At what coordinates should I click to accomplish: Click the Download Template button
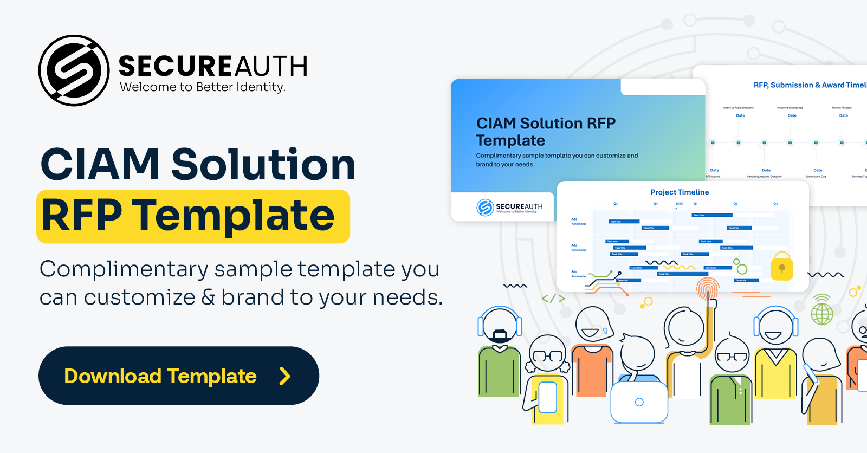click(x=178, y=376)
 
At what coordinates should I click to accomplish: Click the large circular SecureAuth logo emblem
click(x=74, y=70)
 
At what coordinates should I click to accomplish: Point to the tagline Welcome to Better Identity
click(x=202, y=87)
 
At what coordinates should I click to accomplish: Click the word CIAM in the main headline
click(x=100, y=164)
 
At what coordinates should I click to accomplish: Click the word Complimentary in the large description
click(x=124, y=269)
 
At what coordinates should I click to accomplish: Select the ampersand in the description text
click(x=208, y=297)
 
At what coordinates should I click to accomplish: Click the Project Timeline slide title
click(x=680, y=192)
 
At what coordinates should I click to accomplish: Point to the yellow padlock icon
click(x=782, y=266)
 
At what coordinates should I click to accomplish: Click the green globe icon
click(x=821, y=313)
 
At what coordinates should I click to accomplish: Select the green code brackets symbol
click(x=553, y=299)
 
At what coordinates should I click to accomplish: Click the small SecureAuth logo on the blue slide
click(x=509, y=207)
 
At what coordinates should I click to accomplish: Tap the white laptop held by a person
click(x=639, y=402)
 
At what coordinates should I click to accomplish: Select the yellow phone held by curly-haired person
click(x=547, y=398)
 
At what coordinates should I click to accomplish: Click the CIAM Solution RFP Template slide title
click(x=546, y=132)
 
